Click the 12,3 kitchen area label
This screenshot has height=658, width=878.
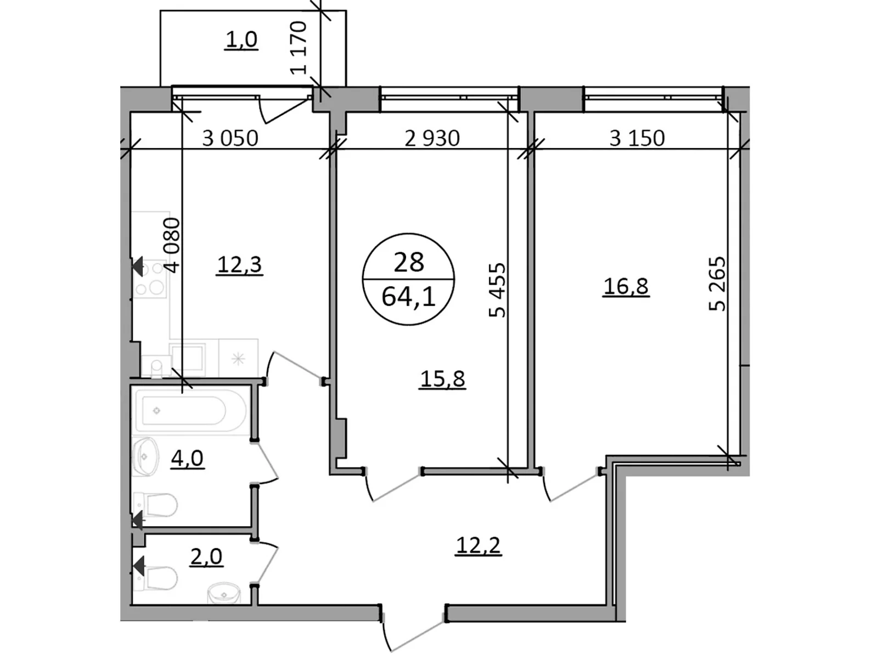[x=240, y=265]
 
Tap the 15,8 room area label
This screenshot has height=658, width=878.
[x=442, y=378]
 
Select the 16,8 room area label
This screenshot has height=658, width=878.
[x=626, y=286]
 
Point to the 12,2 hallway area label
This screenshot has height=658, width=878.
[x=479, y=545]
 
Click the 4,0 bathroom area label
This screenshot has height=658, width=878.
[x=187, y=457]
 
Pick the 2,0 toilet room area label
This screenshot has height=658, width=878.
[x=206, y=557]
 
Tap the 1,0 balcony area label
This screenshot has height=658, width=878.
[x=241, y=39]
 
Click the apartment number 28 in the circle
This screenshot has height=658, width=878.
[x=409, y=262]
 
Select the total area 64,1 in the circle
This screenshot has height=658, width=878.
[x=409, y=297]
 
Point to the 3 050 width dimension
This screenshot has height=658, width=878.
[x=230, y=138]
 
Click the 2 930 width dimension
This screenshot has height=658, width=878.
[x=432, y=138]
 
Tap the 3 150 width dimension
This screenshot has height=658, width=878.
[x=637, y=138]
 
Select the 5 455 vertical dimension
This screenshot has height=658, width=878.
[x=497, y=290]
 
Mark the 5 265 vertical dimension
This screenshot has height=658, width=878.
[x=717, y=283]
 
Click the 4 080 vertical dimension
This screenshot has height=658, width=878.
[x=172, y=245]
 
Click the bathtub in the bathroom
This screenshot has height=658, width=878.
[x=184, y=410]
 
